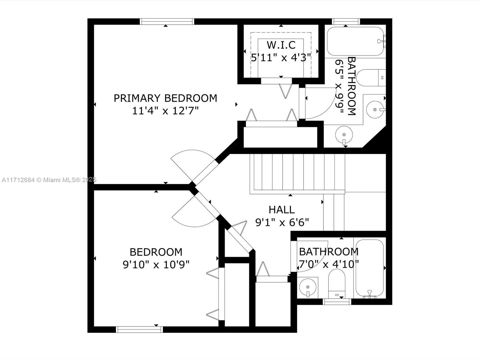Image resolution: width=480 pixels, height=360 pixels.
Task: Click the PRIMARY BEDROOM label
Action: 165,98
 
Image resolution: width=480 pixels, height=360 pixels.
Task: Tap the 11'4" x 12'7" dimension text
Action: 165,111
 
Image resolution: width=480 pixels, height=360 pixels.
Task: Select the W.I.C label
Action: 281,45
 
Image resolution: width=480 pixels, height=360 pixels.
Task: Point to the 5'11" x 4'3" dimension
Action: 281,58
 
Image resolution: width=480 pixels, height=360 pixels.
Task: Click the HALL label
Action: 282,210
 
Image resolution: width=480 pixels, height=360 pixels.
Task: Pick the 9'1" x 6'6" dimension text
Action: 282,223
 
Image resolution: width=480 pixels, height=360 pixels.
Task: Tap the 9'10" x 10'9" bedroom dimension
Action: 156,265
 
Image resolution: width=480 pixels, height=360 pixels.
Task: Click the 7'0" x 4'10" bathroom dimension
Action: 329,264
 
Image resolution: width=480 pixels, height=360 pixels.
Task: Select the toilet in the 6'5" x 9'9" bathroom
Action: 371,78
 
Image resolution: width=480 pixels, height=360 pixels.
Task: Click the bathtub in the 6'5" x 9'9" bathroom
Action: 355,41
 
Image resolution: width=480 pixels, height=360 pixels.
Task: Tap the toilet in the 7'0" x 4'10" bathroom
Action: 337,283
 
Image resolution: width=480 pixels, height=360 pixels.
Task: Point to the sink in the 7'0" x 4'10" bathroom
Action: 308,287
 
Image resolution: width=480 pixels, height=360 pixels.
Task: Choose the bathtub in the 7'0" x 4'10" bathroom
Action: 370,268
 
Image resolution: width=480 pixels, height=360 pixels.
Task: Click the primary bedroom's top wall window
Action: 167,22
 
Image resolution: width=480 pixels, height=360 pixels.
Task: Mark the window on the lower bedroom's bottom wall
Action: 139,329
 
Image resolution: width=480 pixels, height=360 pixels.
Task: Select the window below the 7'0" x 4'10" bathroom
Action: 337,301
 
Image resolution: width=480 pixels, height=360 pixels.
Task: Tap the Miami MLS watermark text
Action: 49,180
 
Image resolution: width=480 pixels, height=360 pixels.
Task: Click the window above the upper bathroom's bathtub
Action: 346,22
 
